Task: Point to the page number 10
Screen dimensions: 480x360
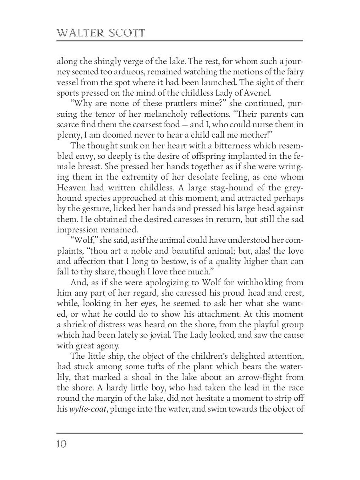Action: tap(62, 444)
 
